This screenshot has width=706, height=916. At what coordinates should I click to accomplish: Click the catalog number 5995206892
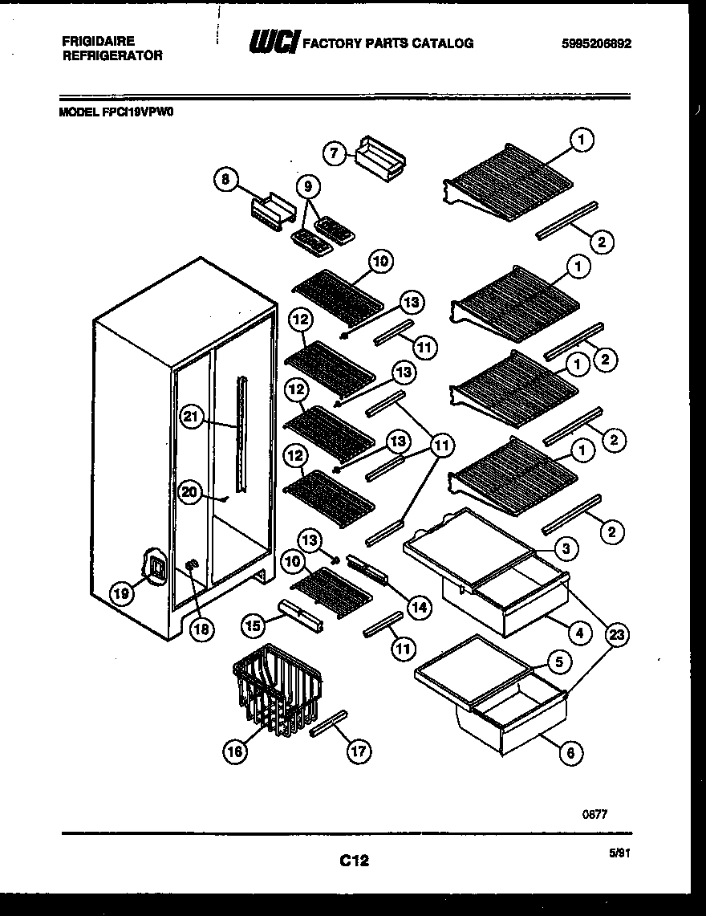coord(596,44)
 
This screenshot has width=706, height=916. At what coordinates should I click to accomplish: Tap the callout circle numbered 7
coord(334,152)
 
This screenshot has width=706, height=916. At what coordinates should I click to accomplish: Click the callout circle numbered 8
coord(226,181)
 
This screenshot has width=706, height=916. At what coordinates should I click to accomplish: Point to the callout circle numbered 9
coord(308,187)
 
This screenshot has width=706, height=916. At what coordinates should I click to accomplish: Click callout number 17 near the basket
coord(359,751)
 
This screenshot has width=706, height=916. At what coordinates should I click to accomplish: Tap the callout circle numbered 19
coord(120,593)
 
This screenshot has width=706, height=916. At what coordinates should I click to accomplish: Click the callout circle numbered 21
coord(190,416)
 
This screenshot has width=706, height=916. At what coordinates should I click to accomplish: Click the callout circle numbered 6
coord(570,752)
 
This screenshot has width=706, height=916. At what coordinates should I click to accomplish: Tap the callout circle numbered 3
coord(565,548)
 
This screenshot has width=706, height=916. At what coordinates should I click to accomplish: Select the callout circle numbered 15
coord(253,624)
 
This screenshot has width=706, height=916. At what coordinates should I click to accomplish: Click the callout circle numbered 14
coord(417,607)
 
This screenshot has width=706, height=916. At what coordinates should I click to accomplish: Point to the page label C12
coord(353,861)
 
